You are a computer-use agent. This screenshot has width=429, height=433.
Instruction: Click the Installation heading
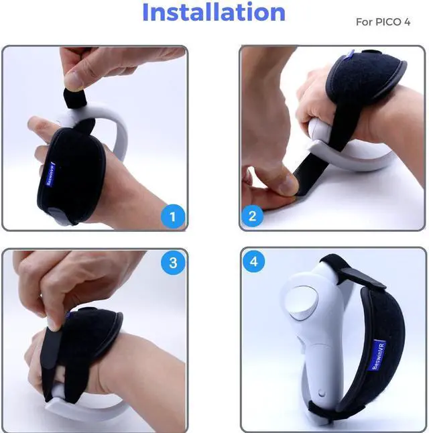[x=214, y=13]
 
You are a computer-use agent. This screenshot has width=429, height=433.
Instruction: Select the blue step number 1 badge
[x=173, y=216]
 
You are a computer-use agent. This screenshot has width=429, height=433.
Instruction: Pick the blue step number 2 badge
[x=253, y=216]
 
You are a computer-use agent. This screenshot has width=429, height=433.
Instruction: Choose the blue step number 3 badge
[x=173, y=263]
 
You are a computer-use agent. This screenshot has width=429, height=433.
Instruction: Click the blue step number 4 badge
[x=253, y=262]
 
